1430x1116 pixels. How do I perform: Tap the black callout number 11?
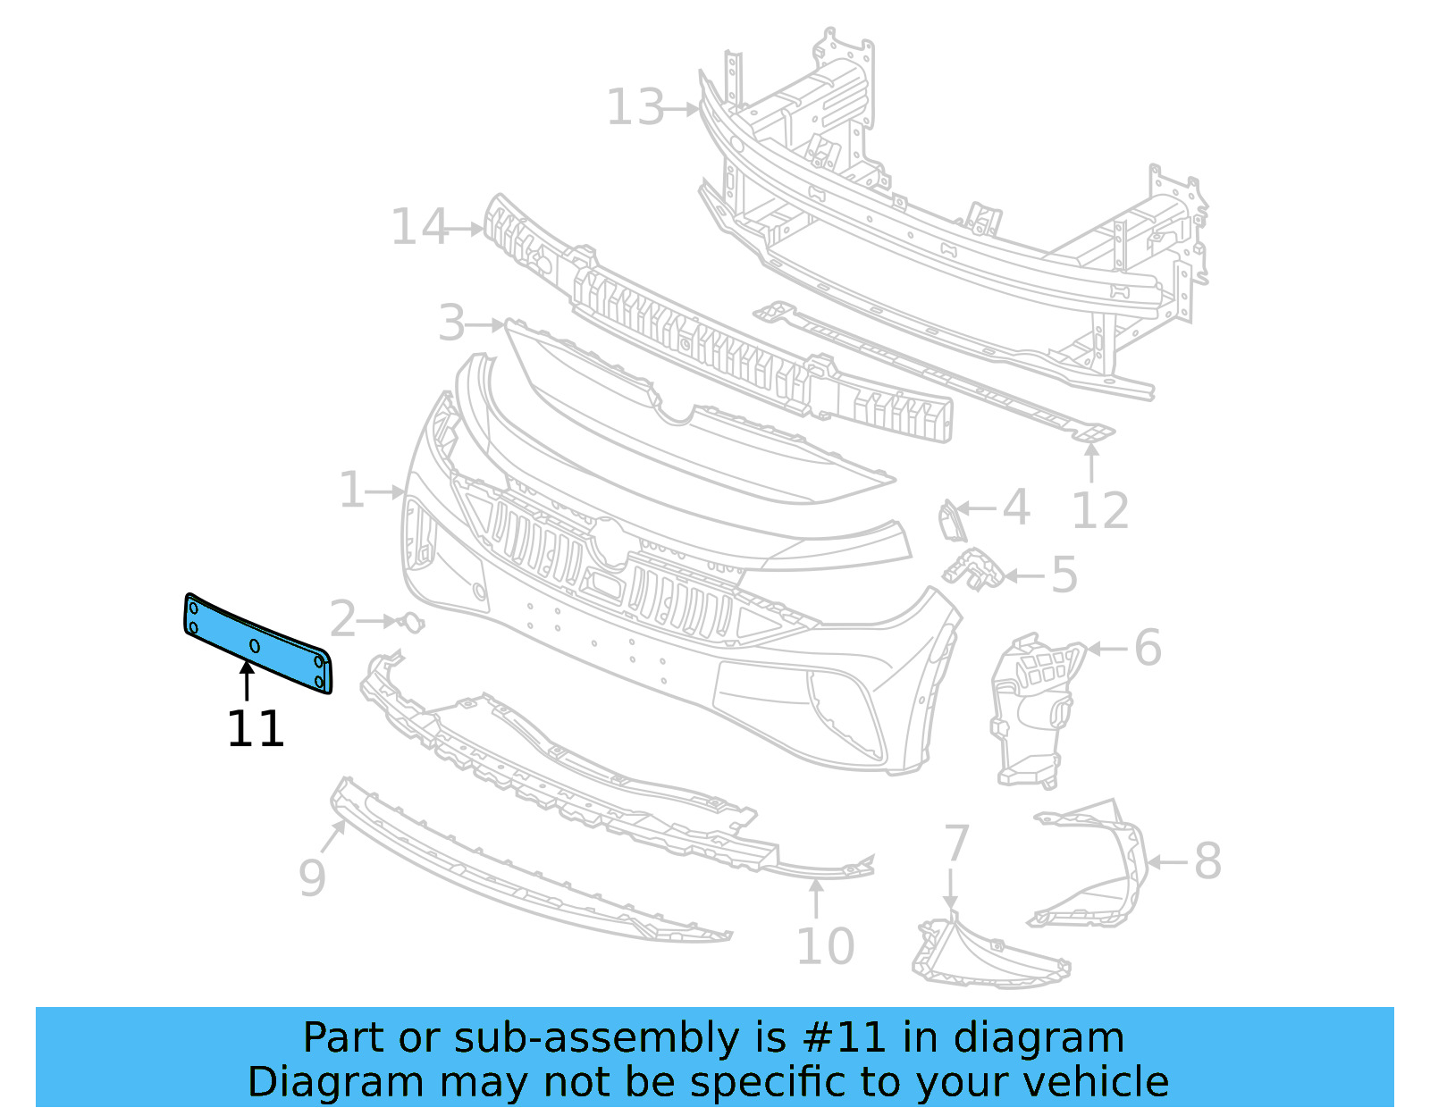tap(256, 729)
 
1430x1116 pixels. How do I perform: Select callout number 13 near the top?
tap(635, 108)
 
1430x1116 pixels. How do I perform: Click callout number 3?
tap(452, 323)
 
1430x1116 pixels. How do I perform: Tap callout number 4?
tap(1015, 508)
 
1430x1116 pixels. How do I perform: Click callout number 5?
tap(1064, 575)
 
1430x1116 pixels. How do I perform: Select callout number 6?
tap(1148, 648)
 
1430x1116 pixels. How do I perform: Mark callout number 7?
tap(956, 843)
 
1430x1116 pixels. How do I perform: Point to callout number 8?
tap(1207, 861)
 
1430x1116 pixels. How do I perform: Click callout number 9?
tap(312, 877)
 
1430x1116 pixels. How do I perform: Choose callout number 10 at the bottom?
tap(825, 946)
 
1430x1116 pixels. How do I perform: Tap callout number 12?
tap(1100, 511)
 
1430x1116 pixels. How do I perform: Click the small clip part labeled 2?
tap(411, 622)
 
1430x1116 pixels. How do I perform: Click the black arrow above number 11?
tap(247, 680)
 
